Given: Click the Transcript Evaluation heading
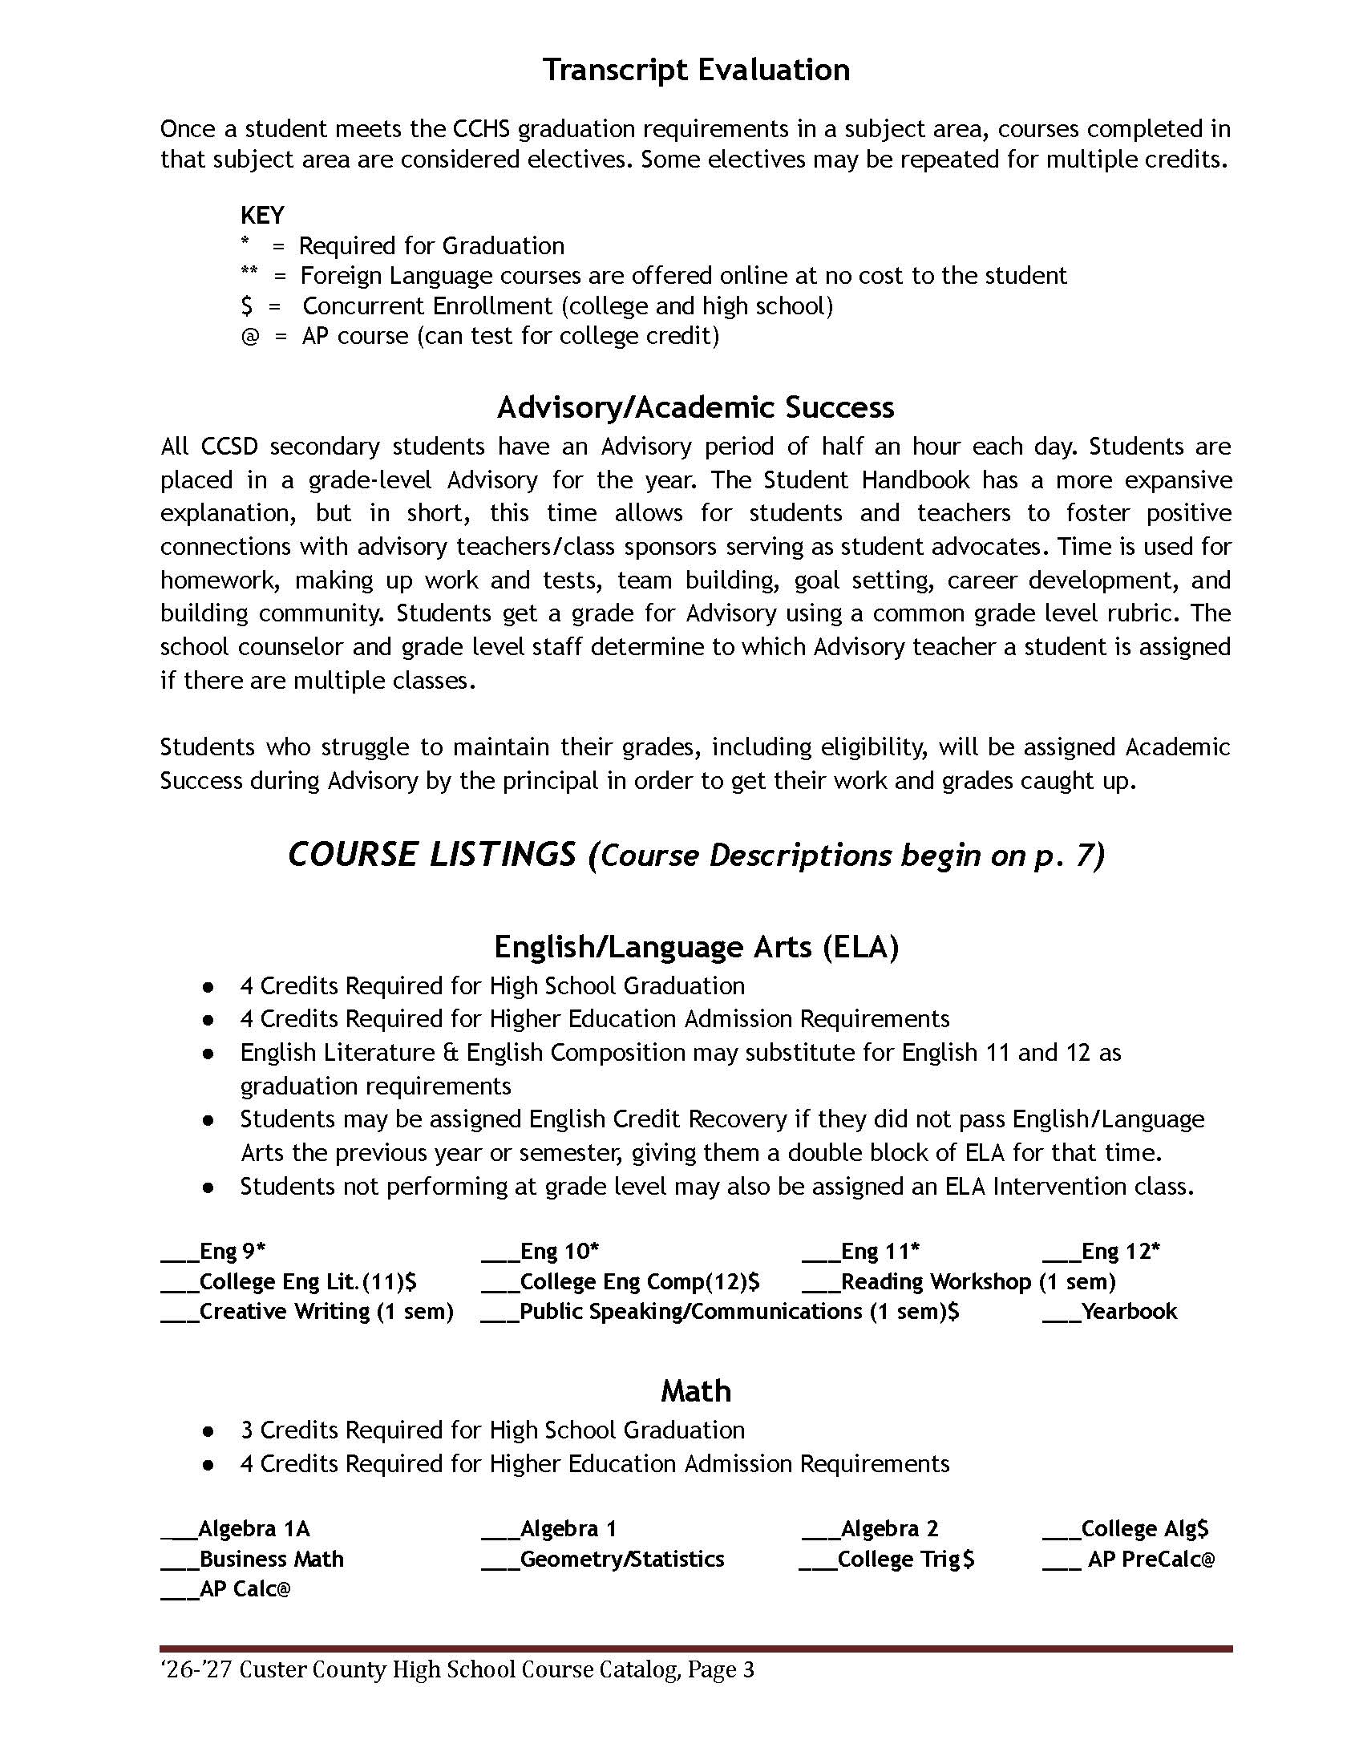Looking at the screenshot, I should [695, 71].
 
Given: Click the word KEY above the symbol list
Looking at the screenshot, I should [261, 216].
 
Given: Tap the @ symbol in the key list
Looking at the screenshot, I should [250, 336].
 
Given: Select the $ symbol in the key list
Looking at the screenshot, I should [246, 306].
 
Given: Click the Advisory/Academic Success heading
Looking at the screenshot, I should [695, 407].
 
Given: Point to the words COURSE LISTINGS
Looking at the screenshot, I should [432, 855].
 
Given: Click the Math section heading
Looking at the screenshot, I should [695, 1391].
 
